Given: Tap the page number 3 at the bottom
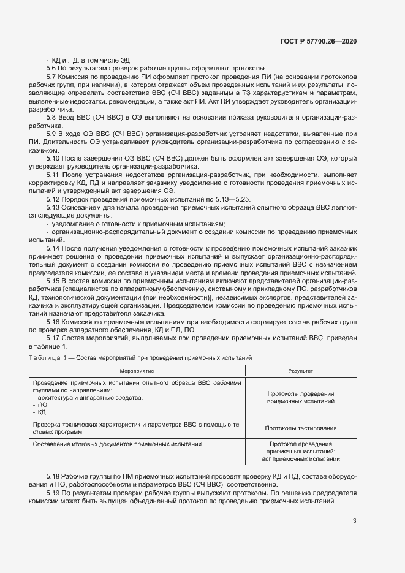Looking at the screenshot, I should coord(354,521).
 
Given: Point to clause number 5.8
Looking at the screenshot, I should coord(53,116).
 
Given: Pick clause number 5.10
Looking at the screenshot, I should coord(55,157).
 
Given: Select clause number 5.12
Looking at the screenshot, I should coord(55,199).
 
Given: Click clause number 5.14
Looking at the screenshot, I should coord(55,248).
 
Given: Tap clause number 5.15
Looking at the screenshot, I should coord(55,280).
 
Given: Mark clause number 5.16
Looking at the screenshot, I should coord(55,321).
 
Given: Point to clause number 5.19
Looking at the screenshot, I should coord(55,492).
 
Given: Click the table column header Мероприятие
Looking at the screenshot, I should coord(137,371).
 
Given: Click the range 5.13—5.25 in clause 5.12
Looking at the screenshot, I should coord(245,199).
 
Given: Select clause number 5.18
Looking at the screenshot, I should coord(55,476).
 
